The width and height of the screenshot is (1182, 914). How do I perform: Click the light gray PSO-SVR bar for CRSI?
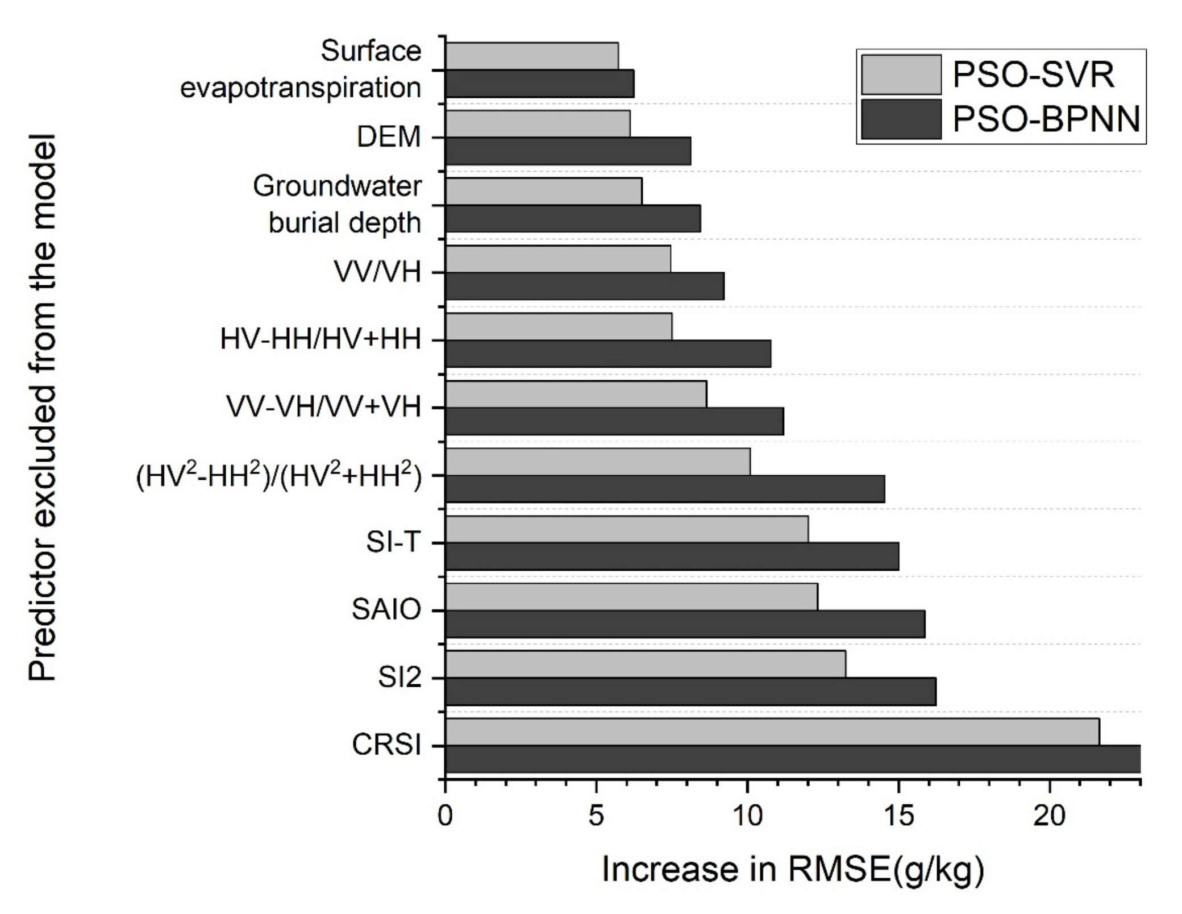[772, 732]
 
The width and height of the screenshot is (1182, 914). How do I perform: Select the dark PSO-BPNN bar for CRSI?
[792, 759]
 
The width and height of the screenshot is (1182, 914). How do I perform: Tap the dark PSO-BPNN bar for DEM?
[568, 151]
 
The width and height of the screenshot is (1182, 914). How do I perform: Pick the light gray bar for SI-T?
[626, 529]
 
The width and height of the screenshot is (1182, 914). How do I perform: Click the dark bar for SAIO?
[685, 624]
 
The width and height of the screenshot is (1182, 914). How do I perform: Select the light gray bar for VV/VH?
[557, 259]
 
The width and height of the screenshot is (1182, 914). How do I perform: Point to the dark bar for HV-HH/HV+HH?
[608, 354]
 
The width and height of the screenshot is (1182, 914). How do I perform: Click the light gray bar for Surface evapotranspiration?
[531, 56]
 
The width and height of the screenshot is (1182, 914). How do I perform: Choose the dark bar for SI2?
[690, 692]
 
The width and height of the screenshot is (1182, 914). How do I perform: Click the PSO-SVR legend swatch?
[901, 74]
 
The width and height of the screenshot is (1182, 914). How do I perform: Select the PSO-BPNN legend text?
[1046, 120]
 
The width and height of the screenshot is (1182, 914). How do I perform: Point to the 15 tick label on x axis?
[898, 816]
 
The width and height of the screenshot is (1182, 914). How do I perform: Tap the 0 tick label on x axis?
[446, 816]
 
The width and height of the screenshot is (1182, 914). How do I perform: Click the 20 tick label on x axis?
[1049, 816]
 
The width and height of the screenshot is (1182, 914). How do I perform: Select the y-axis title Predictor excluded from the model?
[42, 407]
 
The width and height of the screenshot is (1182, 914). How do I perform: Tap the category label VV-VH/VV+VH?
[324, 407]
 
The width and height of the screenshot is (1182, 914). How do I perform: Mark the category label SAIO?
[386, 610]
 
